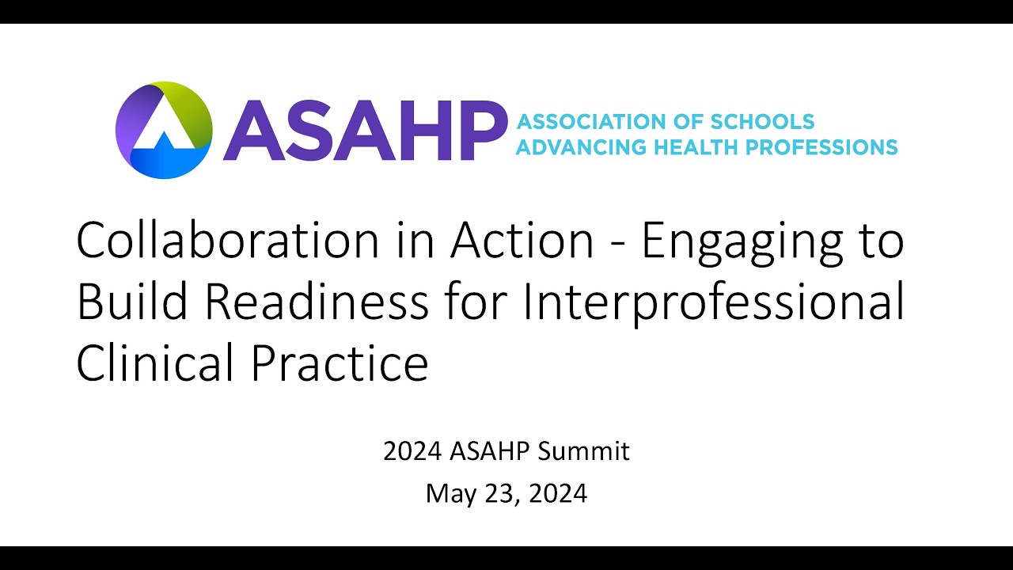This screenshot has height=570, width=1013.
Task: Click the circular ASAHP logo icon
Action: click(164, 130)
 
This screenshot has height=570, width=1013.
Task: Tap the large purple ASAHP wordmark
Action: click(364, 131)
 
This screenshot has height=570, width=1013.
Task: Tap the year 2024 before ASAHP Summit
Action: click(412, 451)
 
